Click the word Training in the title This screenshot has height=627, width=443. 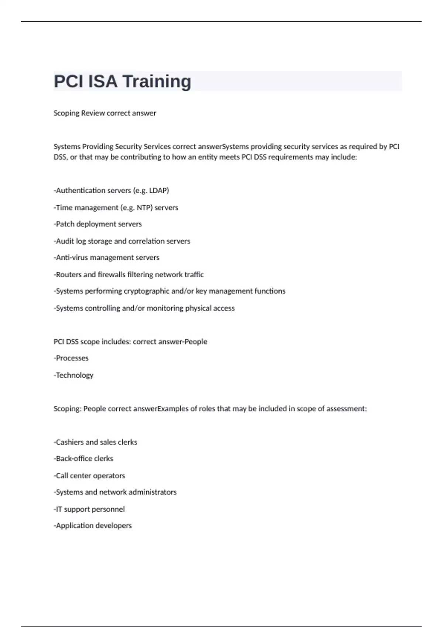(x=157, y=82)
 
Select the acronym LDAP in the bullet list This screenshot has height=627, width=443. (x=159, y=191)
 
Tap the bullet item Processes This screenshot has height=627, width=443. (x=72, y=358)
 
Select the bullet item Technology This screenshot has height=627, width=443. (x=74, y=375)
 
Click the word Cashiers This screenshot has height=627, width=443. (x=69, y=442)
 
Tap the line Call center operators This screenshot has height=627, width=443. (x=90, y=475)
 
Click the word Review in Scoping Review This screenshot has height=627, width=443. (x=93, y=113)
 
